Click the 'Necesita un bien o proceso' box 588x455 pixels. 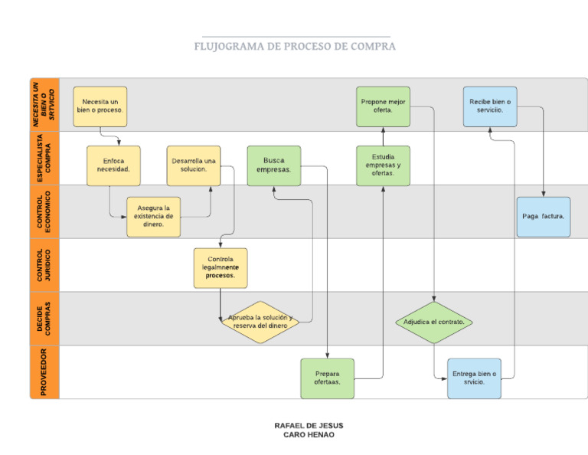(100, 106)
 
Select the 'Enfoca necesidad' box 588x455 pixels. (113, 165)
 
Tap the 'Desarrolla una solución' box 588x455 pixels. (194, 165)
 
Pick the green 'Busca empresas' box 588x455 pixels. (273, 165)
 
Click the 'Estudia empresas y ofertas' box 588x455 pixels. (383, 165)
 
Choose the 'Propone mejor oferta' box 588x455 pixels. (383, 106)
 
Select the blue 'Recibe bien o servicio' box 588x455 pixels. (490, 106)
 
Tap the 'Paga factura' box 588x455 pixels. (544, 217)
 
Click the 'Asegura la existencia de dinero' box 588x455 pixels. (154, 217)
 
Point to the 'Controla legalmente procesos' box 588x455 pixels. (220, 267)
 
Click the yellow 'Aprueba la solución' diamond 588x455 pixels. (260, 322)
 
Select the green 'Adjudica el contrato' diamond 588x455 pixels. (434, 322)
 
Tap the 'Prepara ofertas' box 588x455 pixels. (328, 378)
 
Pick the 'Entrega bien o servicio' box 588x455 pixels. (475, 378)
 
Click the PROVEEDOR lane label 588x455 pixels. (44, 372)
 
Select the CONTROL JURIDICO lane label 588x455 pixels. (44, 265)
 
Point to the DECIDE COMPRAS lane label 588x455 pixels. (44, 318)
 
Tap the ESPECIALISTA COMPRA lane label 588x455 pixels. (44, 158)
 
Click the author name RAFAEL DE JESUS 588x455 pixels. (309, 425)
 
